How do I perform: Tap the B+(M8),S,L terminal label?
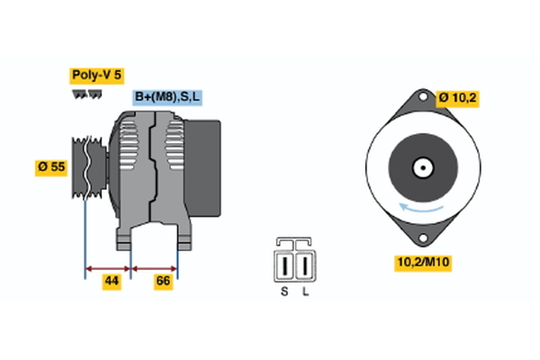coord(167,96)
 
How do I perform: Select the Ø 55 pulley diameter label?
coord(53,166)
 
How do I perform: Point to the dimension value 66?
coord(164,282)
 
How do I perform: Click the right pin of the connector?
coord(307,266)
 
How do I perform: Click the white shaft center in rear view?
coord(420,167)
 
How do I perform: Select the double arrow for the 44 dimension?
coord(108,267)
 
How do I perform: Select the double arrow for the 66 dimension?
coord(155,267)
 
